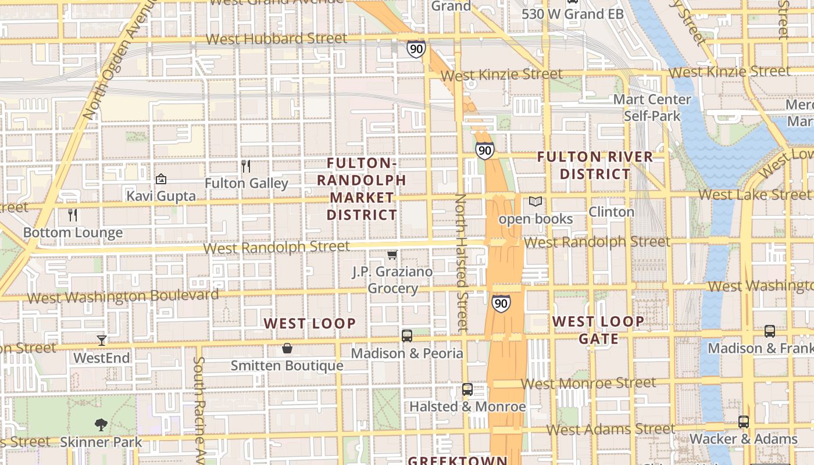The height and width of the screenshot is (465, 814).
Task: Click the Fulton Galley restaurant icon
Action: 246,166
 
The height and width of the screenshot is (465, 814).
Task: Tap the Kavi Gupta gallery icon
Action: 161,179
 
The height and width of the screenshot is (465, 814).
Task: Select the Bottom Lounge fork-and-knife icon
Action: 73,215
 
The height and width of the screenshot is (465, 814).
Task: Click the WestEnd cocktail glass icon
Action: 102,340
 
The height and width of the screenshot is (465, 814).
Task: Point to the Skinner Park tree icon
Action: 101,424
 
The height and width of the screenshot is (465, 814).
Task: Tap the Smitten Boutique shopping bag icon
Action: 287,348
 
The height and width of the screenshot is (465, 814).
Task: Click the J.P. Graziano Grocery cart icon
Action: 392,255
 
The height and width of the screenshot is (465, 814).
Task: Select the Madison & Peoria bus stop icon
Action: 407,335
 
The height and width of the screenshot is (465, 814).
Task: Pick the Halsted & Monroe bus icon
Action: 467,389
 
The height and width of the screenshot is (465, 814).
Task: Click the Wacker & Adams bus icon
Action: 744,421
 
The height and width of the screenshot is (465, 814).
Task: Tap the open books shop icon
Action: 535,202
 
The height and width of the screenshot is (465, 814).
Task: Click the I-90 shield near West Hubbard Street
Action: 416,49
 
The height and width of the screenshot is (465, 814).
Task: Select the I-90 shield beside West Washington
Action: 501,303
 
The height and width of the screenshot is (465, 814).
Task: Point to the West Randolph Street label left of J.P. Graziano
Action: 277,247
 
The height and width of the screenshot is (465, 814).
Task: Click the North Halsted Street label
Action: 462,262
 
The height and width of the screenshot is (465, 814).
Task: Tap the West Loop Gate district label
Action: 598,330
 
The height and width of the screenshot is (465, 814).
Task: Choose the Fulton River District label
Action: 595,165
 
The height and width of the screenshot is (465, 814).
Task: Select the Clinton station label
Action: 611,212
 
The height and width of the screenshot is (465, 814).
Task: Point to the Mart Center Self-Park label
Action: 652,108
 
